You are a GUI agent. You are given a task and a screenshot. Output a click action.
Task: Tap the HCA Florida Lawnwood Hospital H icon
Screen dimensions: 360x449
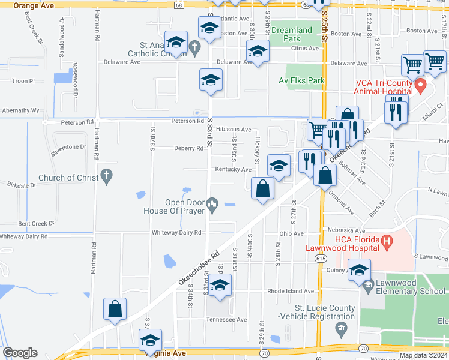(387, 242)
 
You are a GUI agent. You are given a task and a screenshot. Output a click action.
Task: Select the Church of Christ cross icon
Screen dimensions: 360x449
(106, 176)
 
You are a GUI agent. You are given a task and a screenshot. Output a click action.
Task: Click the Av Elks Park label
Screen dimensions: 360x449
(301, 80)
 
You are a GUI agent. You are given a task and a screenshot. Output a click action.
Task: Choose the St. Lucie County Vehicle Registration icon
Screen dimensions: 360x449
(342, 328)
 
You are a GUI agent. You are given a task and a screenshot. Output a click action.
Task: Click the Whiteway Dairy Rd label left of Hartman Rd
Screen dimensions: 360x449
(24, 236)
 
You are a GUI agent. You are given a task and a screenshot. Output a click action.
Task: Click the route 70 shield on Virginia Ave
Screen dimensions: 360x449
(264, 353)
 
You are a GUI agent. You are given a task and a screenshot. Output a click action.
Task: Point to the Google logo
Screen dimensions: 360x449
(20, 353)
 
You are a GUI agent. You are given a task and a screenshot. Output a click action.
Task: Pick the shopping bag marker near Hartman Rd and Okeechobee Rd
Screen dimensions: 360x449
(115, 310)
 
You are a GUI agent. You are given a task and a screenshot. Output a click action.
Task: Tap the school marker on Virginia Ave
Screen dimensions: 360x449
(150, 340)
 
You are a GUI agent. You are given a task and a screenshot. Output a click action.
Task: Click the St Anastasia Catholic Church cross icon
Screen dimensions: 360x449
(194, 46)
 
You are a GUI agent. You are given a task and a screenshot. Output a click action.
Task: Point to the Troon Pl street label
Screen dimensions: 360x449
(24, 80)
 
